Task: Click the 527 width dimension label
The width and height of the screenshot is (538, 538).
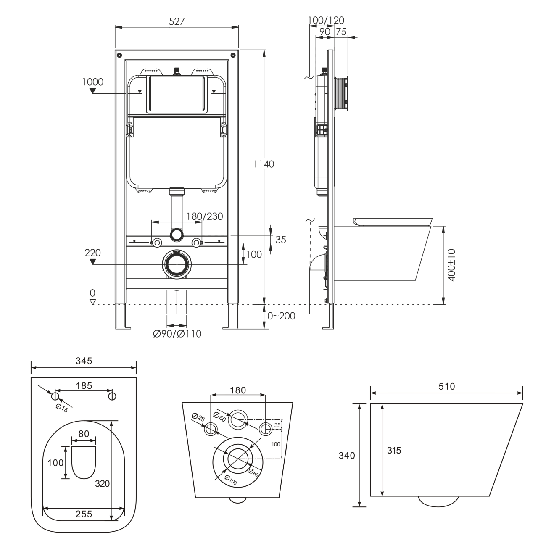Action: (177, 21)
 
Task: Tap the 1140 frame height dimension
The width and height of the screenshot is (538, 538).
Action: (264, 164)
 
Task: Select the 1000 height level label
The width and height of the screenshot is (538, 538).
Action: (93, 82)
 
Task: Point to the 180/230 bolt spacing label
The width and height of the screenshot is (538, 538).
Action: (205, 216)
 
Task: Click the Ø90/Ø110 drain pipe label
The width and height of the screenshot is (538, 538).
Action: (177, 334)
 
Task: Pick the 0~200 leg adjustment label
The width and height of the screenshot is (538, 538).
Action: (281, 316)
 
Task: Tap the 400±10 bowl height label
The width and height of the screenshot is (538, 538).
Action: (451, 265)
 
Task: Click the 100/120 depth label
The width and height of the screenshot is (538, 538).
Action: (326, 20)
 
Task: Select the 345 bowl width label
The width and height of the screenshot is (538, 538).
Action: (84, 361)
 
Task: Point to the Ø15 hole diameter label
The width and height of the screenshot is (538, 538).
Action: (62, 409)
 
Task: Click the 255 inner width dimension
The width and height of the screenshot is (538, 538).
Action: (84, 514)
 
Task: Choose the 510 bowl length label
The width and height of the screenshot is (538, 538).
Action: (447, 386)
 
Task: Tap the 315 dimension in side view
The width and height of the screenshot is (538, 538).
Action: (394, 450)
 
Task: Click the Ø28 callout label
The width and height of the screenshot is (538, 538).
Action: (198, 417)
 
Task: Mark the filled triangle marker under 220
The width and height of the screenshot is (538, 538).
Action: (93, 261)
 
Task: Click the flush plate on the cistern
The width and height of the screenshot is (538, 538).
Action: (177, 94)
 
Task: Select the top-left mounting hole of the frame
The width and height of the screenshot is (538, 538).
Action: (120, 55)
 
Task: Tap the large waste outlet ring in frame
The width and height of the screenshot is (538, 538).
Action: (177, 264)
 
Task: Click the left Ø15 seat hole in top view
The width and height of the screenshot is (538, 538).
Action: (55, 396)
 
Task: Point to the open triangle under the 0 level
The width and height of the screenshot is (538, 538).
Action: (93, 302)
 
